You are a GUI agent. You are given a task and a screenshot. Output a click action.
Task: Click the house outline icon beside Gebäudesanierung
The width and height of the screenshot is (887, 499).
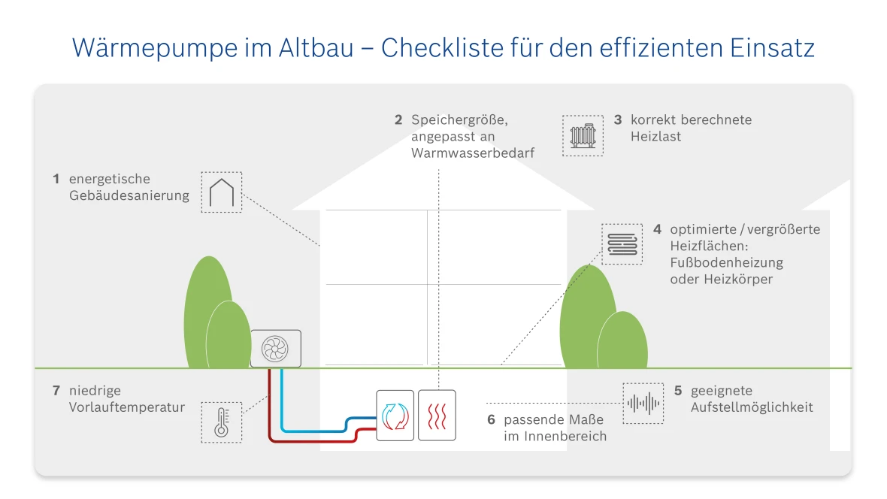click(222, 192)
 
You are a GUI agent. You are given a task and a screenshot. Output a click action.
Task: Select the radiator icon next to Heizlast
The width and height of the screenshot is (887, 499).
click(583, 135)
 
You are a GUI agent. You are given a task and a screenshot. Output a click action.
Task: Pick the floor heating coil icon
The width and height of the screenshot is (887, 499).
click(622, 243)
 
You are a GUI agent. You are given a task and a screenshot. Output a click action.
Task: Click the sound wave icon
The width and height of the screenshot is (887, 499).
click(643, 404)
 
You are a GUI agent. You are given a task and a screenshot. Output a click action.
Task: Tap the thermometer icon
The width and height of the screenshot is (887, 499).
click(222, 422)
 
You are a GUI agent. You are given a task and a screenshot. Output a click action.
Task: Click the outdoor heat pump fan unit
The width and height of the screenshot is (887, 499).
click(275, 349)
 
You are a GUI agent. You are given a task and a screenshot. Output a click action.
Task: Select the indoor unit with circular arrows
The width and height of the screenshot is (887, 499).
click(395, 415)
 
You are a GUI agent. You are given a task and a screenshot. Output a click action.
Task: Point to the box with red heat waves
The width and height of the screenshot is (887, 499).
click(437, 415)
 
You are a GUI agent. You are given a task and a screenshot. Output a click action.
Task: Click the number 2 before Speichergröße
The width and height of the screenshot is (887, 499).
click(398, 119)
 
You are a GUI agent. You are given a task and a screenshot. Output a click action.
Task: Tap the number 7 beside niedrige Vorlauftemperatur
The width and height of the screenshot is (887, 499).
click(56, 391)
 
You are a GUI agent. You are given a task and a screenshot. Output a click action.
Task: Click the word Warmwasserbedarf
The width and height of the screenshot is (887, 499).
click(472, 153)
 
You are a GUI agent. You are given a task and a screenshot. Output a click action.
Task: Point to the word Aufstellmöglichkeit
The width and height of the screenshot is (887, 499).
click(752, 407)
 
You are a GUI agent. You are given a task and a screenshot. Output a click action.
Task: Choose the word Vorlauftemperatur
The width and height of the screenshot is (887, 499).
click(126, 407)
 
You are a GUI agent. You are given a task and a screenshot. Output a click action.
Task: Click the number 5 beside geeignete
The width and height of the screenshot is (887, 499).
click(678, 391)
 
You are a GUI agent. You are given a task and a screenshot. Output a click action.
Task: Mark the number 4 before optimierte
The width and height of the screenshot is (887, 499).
click(658, 229)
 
